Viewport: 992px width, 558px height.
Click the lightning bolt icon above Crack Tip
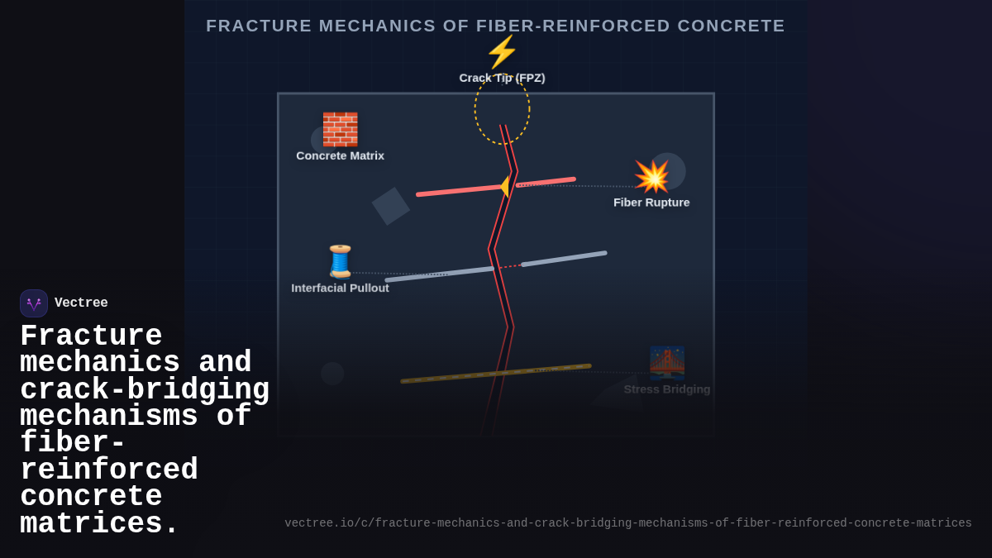[502, 52]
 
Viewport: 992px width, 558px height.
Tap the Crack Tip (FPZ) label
[502, 78]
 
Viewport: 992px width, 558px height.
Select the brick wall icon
[340, 129]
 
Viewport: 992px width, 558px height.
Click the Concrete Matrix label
[340, 155]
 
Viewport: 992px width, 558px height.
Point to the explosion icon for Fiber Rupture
[651, 176]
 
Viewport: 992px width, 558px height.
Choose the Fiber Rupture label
[651, 203]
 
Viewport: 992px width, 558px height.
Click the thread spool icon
[340, 261]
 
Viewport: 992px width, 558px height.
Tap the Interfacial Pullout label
[340, 288]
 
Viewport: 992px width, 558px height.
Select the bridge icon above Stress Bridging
[667, 362]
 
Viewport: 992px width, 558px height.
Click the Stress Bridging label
[667, 389]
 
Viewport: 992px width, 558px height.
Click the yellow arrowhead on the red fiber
[504, 186]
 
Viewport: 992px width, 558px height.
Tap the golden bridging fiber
[496, 373]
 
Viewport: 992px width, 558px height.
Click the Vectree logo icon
[34, 303]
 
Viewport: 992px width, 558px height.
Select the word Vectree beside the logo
[81, 303]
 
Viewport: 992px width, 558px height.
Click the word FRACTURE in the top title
[259, 26]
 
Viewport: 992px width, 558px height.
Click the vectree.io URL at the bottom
[628, 523]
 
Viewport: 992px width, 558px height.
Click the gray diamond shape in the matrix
[390, 206]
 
